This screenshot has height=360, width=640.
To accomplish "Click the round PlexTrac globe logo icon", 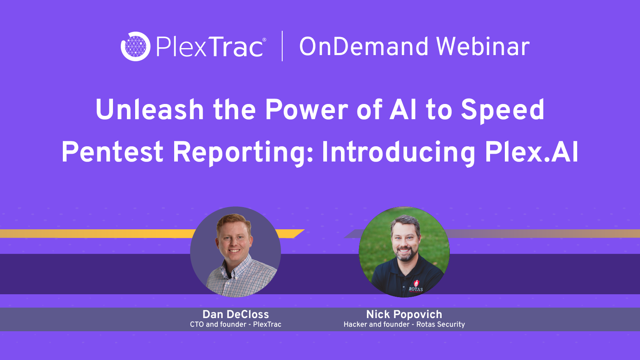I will (135, 46).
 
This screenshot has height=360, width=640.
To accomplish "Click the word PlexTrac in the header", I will (209, 47).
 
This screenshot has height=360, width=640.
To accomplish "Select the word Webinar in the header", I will (483, 46).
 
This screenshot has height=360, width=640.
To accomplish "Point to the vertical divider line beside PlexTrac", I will (282, 46).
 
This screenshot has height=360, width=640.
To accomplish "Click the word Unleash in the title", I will (150, 110).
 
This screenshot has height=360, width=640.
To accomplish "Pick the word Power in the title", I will (306, 110).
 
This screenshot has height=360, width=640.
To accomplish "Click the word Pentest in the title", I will (112, 152).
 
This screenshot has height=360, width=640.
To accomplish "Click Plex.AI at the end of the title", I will (532, 152).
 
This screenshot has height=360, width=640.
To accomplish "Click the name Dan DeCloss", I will (235, 314).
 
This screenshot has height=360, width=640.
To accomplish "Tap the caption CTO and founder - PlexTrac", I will (235, 325).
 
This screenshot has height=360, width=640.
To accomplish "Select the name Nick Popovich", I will (404, 314).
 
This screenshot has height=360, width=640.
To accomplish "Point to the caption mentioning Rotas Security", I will (404, 325).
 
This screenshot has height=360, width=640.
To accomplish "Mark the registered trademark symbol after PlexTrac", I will (264, 40).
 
